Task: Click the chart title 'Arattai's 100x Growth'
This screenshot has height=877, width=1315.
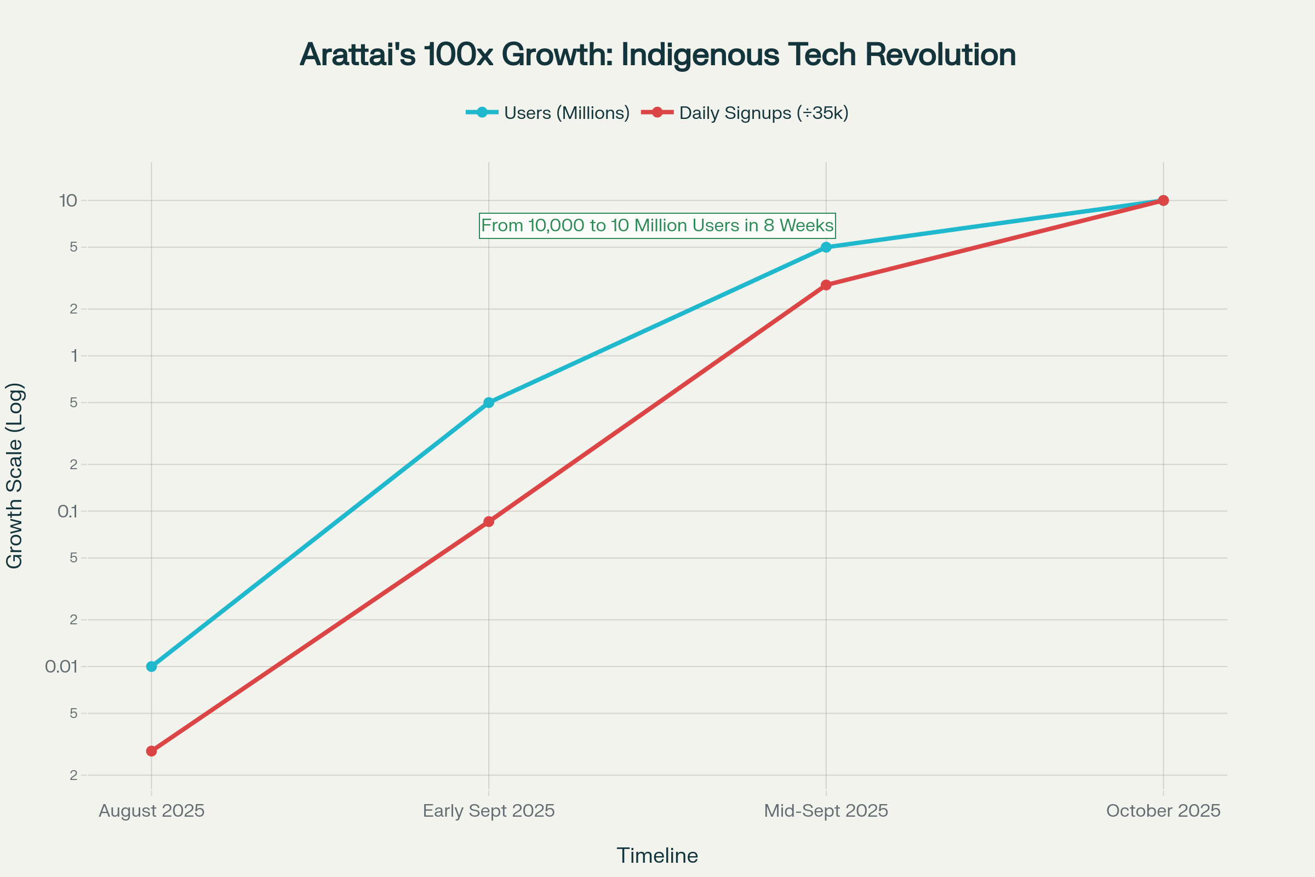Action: click(x=658, y=55)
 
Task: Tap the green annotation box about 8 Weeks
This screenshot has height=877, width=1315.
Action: click(x=657, y=225)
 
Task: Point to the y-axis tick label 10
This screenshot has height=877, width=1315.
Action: click(x=67, y=201)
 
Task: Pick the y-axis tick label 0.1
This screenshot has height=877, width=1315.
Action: click(x=67, y=511)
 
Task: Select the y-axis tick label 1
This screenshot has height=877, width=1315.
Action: click(x=74, y=356)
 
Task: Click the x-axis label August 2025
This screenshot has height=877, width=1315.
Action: click(x=152, y=811)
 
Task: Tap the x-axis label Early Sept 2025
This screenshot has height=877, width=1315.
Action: click(x=489, y=811)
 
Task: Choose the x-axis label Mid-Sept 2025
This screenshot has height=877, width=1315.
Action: click(x=826, y=811)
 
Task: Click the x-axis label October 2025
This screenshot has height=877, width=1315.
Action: click(x=1163, y=811)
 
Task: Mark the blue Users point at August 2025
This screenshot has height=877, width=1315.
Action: click(x=152, y=667)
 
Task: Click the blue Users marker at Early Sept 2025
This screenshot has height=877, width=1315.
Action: click(x=489, y=403)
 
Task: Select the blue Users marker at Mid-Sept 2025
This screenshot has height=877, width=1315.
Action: click(x=826, y=247)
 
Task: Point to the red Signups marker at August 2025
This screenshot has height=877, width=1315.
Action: click(x=152, y=751)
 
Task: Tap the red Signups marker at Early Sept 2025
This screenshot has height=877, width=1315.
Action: click(x=489, y=522)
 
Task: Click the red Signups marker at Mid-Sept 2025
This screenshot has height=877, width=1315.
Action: click(x=826, y=285)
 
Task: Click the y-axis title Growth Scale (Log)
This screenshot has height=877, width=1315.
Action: click(x=15, y=476)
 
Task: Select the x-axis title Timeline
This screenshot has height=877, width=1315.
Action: click(x=657, y=856)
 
